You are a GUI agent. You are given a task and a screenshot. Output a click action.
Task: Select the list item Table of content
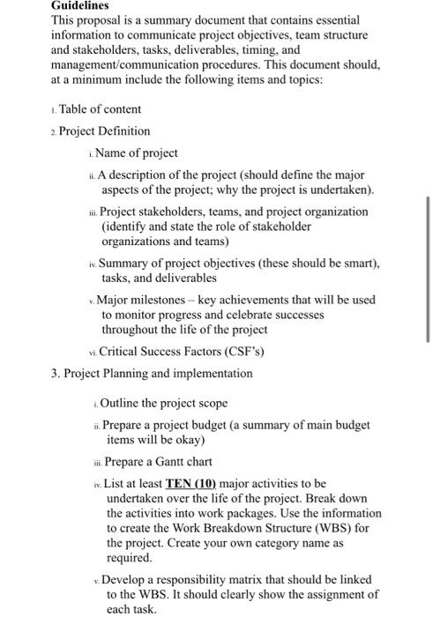tap(100, 109)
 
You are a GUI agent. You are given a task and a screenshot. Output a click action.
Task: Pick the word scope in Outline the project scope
tap(211, 403)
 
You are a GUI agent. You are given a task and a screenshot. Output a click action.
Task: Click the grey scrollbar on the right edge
tap(428, 269)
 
